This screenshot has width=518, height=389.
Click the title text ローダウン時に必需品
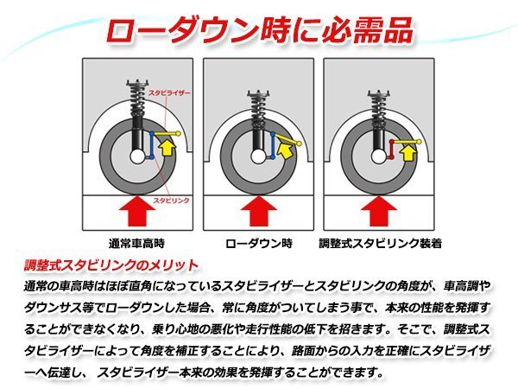259,27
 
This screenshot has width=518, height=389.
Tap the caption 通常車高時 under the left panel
136,243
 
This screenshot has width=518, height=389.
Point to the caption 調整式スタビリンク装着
380,243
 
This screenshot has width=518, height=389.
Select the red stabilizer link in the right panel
394,150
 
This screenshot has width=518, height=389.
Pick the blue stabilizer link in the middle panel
273,148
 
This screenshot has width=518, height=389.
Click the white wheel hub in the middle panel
257,159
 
